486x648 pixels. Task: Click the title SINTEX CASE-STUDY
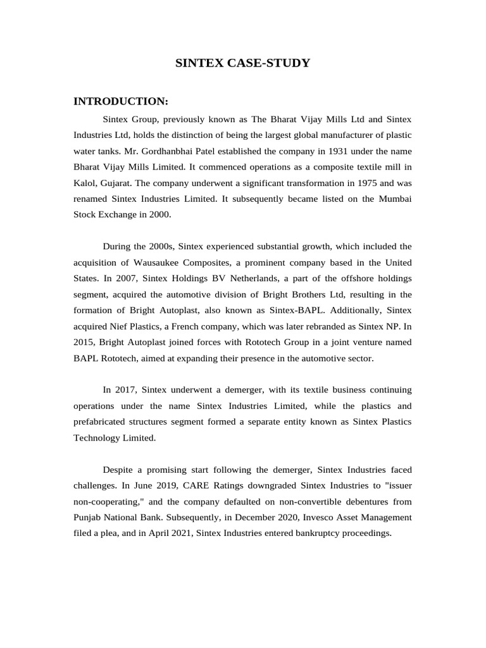click(x=242, y=63)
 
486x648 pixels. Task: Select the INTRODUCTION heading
click(x=121, y=101)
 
